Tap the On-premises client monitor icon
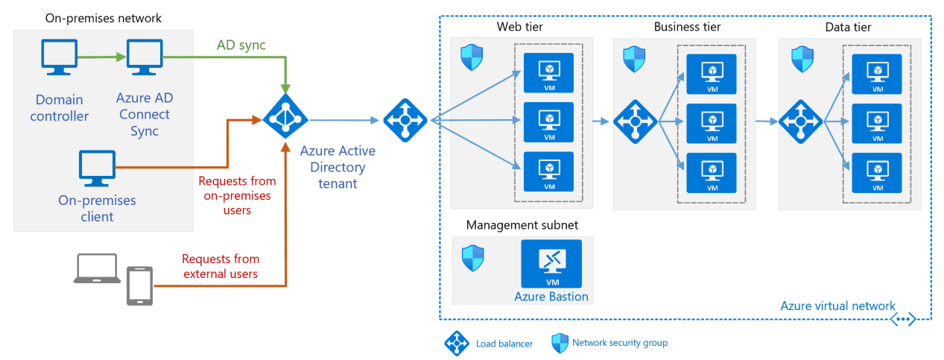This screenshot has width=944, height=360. (x=97, y=169)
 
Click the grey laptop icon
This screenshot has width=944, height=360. (x=97, y=269)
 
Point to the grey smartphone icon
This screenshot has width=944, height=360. (x=140, y=285)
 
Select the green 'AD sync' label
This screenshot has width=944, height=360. (x=241, y=45)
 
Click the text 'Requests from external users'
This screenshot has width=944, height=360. (x=221, y=266)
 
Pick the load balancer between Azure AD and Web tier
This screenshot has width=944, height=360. (x=405, y=119)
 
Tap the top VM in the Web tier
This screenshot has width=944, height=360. (x=548, y=72)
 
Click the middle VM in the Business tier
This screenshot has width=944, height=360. (x=712, y=122)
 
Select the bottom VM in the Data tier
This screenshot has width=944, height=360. (x=877, y=172)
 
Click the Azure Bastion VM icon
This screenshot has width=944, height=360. (x=551, y=264)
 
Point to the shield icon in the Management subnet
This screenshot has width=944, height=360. (x=473, y=258)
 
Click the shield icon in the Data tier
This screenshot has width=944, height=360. (x=802, y=58)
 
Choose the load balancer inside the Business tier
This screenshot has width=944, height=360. (x=635, y=121)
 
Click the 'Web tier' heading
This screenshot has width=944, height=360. (x=519, y=28)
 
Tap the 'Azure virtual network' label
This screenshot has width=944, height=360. (x=837, y=306)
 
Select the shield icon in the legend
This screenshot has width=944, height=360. (x=560, y=343)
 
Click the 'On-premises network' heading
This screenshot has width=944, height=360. (x=103, y=18)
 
